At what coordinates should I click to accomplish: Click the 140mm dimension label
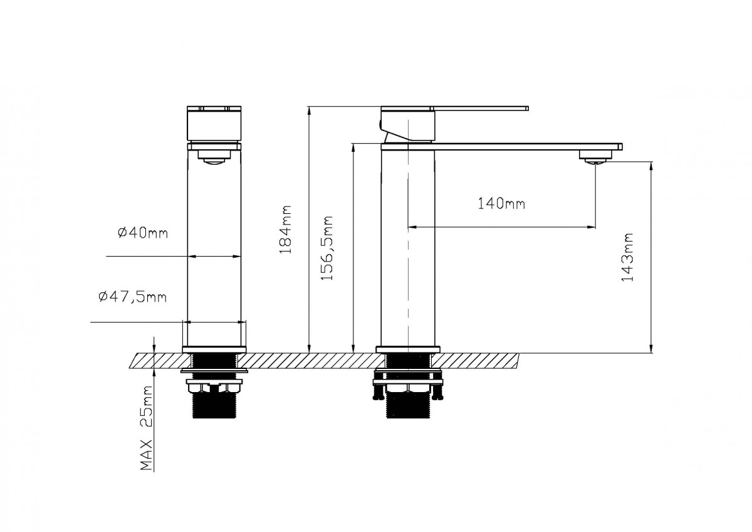tap(501, 204)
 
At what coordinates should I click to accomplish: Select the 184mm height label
tap(286, 230)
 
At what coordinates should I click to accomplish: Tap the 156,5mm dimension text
tap(326, 248)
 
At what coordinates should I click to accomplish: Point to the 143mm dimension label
tap(627, 257)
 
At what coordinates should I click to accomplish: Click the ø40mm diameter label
tap(143, 233)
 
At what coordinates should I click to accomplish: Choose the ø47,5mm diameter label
tap(133, 297)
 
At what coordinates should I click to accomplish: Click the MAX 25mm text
tap(146, 428)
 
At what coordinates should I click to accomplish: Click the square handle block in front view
tap(214, 124)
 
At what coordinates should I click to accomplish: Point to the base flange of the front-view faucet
tap(214, 349)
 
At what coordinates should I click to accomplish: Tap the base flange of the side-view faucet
tap(407, 349)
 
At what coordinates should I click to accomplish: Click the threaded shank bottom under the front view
tap(214, 406)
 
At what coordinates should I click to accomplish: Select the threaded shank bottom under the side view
tap(408, 406)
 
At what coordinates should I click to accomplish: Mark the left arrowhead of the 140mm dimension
tap(412, 227)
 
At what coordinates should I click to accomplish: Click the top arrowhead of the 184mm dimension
tap(308, 110)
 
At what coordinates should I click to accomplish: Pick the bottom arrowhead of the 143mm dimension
tap(652, 349)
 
